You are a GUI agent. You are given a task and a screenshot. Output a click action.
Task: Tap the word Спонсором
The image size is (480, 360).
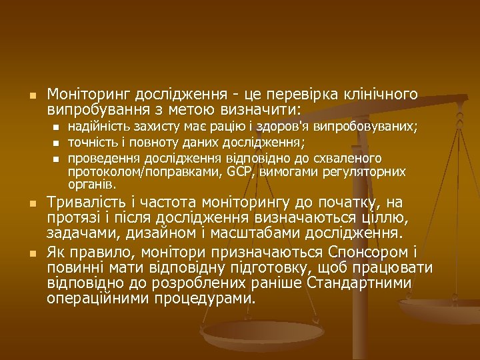point(360,253)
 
